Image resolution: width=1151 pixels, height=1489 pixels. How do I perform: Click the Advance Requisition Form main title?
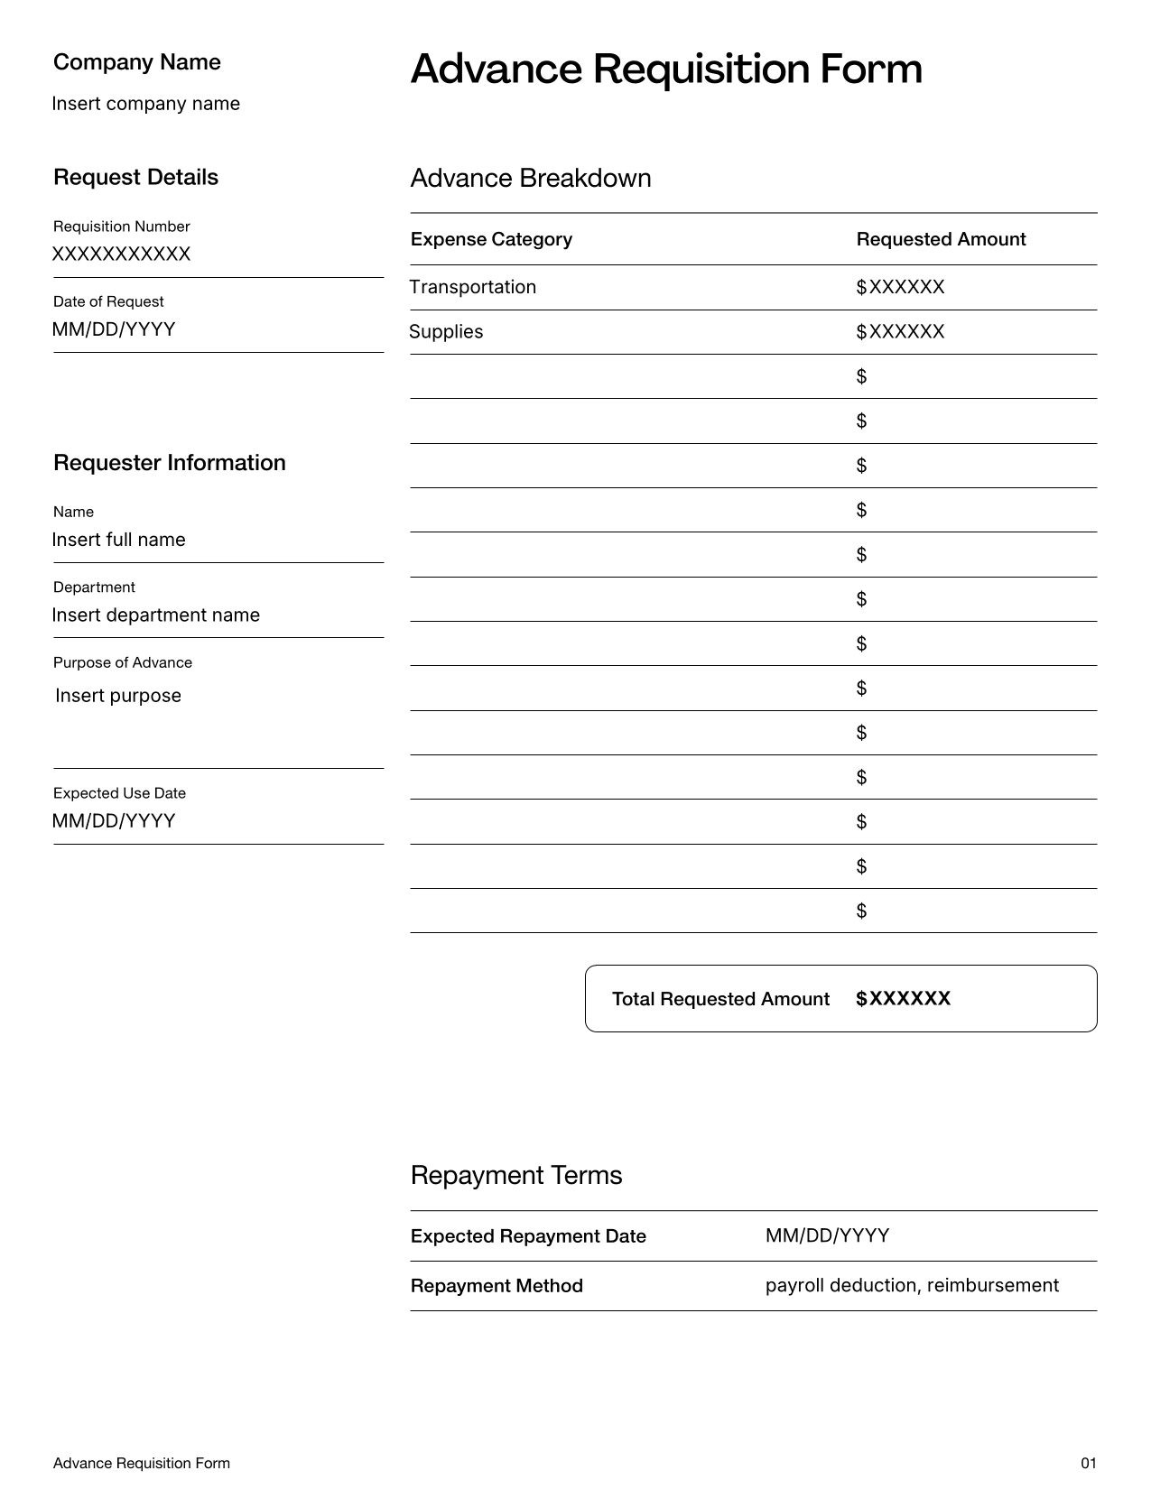click(x=666, y=69)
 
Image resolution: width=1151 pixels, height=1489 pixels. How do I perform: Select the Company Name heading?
click(x=137, y=62)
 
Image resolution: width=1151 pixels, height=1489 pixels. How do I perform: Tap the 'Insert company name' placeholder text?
click(x=146, y=104)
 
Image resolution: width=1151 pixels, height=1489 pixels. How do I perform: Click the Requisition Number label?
click(x=122, y=227)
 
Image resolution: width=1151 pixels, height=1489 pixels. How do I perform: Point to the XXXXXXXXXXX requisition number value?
click(x=122, y=254)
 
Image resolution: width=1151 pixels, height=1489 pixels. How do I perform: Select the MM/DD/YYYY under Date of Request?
click(x=114, y=329)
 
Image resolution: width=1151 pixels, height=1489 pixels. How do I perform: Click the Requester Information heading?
click(x=170, y=463)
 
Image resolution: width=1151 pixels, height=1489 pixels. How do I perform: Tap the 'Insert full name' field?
click(x=119, y=540)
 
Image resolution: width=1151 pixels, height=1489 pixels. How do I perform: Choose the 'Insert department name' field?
click(x=156, y=615)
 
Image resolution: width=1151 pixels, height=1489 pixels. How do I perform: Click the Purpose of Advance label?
click(x=123, y=662)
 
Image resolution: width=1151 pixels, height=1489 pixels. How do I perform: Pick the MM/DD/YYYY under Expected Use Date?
click(x=114, y=821)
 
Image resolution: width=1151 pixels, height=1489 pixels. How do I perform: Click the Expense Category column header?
click(x=491, y=239)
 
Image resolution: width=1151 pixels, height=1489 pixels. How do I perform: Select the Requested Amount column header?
click(x=941, y=239)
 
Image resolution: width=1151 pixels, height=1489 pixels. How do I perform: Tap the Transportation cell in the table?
click(x=473, y=287)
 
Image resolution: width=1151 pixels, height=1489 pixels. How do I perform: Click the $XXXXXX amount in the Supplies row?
click(x=900, y=332)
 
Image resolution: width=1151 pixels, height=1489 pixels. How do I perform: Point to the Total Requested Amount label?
click(x=720, y=999)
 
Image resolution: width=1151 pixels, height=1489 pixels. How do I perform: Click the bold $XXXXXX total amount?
click(x=903, y=999)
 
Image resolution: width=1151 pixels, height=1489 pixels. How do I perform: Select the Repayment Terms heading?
click(x=516, y=1175)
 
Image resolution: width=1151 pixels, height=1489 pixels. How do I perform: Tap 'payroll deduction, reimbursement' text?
click(x=912, y=1285)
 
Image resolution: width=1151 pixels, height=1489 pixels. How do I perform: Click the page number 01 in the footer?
click(x=1088, y=1463)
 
